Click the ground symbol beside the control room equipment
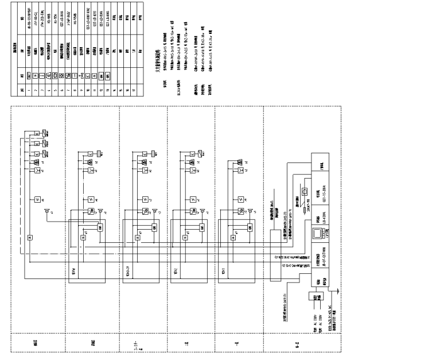[340, 292]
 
